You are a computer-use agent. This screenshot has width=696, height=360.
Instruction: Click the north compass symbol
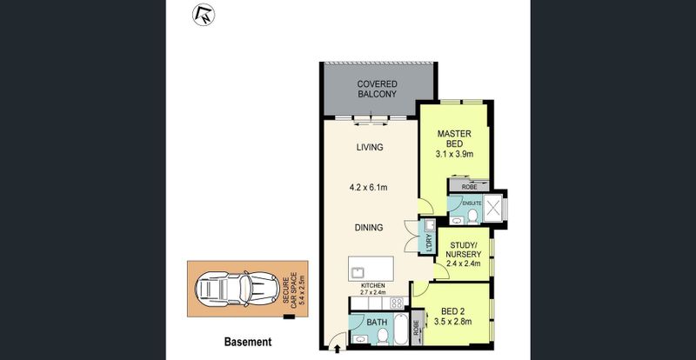click(204, 15)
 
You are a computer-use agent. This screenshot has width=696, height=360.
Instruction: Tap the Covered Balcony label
click(377, 89)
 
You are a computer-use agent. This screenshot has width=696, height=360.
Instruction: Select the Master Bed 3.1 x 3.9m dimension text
click(454, 154)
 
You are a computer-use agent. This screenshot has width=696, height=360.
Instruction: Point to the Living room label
click(370, 147)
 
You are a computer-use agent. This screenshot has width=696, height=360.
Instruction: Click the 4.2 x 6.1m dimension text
click(368, 188)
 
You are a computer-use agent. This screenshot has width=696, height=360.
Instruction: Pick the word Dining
click(369, 228)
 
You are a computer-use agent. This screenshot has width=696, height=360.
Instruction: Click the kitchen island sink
click(357, 272)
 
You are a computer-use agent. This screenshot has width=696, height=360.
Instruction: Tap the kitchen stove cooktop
click(397, 303)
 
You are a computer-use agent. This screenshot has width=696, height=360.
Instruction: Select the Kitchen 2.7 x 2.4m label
click(373, 289)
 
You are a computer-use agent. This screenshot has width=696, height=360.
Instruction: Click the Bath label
click(377, 323)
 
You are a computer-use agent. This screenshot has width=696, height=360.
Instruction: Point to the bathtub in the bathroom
click(400, 330)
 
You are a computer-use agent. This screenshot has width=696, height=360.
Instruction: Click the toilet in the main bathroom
click(382, 337)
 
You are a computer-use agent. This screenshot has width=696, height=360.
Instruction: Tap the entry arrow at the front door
click(337, 349)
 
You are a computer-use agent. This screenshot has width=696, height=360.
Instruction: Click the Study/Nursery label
click(465, 250)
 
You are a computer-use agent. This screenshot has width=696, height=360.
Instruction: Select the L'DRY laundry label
click(429, 243)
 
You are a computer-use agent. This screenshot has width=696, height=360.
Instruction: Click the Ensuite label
click(472, 203)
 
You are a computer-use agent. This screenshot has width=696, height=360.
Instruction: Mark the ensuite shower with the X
click(492, 208)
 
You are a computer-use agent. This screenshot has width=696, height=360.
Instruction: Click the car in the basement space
click(231, 289)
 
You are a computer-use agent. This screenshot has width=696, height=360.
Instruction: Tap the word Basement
click(248, 342)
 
